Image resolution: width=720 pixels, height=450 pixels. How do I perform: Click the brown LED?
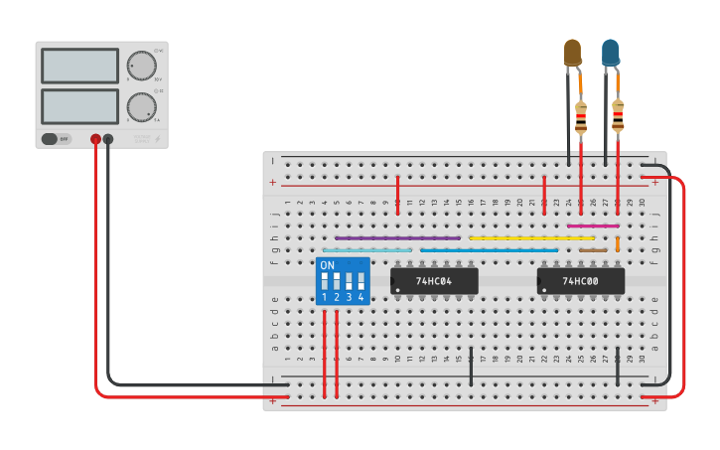click(573, 53)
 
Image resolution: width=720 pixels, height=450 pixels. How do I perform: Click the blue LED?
click(610, 53)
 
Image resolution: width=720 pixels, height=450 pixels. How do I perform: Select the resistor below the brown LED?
click(581, 118)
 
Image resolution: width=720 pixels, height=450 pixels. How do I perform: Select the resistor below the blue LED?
click(618, 116)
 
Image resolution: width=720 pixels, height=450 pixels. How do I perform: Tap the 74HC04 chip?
click(434, 281)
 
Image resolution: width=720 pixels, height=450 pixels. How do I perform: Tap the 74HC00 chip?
click(581, 281)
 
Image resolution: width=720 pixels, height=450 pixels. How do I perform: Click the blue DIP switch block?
click(343, 281)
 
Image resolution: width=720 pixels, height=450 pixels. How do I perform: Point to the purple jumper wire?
click(397, 238)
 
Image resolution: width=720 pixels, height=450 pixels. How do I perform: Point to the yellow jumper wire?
click(531, 238)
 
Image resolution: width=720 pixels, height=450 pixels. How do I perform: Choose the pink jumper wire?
click(593, 225)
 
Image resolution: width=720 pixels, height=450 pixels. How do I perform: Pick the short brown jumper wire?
click(593, 250)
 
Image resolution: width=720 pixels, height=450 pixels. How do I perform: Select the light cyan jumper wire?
click(367, 250)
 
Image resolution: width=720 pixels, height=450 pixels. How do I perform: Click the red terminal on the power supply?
click(95, 140)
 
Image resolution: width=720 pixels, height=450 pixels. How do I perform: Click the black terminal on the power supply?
click(108, 140)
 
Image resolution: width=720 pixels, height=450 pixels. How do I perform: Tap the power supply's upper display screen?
click(80, 66)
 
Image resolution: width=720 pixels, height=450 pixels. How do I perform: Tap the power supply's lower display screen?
click(80, 106)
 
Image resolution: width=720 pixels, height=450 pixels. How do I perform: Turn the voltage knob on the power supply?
click(142, 66)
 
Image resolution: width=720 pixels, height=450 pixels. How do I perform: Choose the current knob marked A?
click(142, 106)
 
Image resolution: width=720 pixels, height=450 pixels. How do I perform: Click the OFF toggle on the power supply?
click(57, 139)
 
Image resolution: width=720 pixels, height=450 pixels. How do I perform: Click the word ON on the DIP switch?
click(327, 265)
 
